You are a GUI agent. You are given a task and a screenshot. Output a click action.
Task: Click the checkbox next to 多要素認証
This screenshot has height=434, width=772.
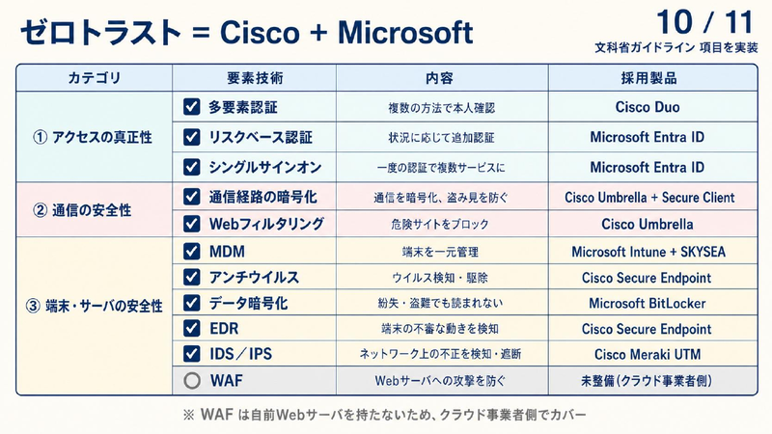pos(191,107)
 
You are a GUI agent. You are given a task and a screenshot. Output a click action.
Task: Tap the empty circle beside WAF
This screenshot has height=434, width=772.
pos(192,380)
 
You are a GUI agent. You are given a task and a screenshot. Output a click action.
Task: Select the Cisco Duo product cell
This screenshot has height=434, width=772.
pos(648,107)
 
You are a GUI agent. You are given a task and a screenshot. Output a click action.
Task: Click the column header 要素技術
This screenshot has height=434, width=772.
pos(255,78)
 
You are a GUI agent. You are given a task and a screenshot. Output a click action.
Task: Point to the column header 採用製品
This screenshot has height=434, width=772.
pos(648,78)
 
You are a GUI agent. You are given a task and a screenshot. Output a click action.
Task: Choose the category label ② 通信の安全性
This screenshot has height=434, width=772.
pos(82,210)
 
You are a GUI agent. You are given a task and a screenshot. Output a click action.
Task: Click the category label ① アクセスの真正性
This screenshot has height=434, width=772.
pos(93,137)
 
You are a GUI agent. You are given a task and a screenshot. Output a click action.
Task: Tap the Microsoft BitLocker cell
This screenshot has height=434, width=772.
pos(648,303)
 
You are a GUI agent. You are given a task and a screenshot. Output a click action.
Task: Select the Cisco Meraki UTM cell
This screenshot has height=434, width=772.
pos(648,354)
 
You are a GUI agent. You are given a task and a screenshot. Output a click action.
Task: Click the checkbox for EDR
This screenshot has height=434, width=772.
pos(191,328)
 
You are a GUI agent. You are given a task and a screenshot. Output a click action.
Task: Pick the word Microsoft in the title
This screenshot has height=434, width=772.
pos(405,33)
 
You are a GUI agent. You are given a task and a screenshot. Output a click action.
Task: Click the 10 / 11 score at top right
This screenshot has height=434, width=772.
pos(705,22)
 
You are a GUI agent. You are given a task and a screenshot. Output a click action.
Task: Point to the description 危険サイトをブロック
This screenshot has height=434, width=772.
pos(440,225)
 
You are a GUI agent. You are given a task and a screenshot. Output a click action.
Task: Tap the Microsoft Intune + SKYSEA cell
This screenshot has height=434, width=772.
pos(648,252)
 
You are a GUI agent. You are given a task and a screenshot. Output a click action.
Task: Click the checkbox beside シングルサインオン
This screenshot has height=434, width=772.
pos(191,167)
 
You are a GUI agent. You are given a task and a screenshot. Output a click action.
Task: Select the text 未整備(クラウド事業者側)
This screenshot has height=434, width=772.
pos(647,380)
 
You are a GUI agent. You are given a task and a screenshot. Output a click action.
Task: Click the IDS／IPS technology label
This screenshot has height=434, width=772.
pos(240,354)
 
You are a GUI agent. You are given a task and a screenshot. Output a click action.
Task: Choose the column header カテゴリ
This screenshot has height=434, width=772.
pos(94,78)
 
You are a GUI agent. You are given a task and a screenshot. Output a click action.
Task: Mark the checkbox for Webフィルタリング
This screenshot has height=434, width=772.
pos(191,224)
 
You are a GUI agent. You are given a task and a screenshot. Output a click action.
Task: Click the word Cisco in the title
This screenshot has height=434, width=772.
pos(260,33)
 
